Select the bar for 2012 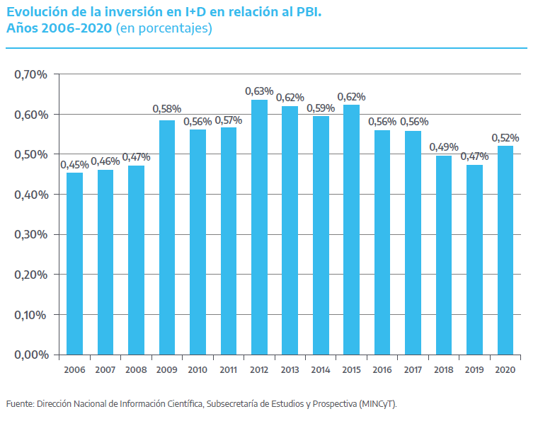pos(259,226)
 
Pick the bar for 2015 pos(351,229)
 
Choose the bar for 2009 pos(167,237)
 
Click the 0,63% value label pos(259,91)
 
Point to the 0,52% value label pos(505,137)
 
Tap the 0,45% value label pos(74,164)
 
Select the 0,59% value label pos(321,108)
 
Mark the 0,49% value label pos(444,147)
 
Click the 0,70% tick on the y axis pos(30,74)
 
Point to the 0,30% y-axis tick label pos(30,234)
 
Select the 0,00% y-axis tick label pos(30,354)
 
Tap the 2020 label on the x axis pos(505,370)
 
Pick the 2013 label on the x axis pos(290,370)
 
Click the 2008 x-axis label pos(136,370)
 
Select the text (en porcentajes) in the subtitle pos(164,29)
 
